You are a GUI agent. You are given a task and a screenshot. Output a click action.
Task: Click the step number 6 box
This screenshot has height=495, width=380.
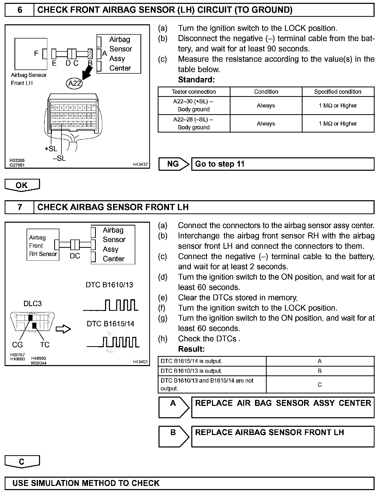coord(20,10)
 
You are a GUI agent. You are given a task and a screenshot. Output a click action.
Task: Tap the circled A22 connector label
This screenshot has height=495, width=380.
coord(74,83)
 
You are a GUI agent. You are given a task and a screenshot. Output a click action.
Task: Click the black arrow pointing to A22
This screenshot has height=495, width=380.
coord(87,72)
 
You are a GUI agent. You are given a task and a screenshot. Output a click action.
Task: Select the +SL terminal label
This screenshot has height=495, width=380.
coord(51,149)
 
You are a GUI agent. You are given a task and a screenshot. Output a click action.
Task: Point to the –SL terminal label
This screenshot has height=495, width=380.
coord(59,158)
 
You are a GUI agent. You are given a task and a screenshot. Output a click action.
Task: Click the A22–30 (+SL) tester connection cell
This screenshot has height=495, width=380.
coord(194,105)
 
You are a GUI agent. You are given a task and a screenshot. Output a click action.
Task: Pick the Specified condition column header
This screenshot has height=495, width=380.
coord(338,92)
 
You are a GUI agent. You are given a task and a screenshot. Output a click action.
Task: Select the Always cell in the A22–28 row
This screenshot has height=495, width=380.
coord(266,123)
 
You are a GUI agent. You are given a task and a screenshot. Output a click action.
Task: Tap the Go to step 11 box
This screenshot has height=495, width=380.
coord(283,164)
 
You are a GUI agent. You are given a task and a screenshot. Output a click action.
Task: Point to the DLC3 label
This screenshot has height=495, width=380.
coord(33,304)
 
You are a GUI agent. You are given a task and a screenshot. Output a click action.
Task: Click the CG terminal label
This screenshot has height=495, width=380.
coord(17,345)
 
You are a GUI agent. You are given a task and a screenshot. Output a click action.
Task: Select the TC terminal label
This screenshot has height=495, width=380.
coord(45,345)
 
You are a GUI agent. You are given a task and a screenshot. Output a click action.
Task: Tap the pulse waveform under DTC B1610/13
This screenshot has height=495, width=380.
coord(111,305)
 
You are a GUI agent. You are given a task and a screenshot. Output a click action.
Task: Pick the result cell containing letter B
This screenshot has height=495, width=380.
coord(320,371)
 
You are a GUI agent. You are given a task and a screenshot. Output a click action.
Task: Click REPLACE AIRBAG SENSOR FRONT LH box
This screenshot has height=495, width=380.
coord(283,436)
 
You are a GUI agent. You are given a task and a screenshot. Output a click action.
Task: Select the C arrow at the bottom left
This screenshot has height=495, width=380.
coord(22,462)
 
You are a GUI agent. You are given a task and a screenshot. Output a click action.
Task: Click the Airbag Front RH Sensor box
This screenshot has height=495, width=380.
coord(43,245)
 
